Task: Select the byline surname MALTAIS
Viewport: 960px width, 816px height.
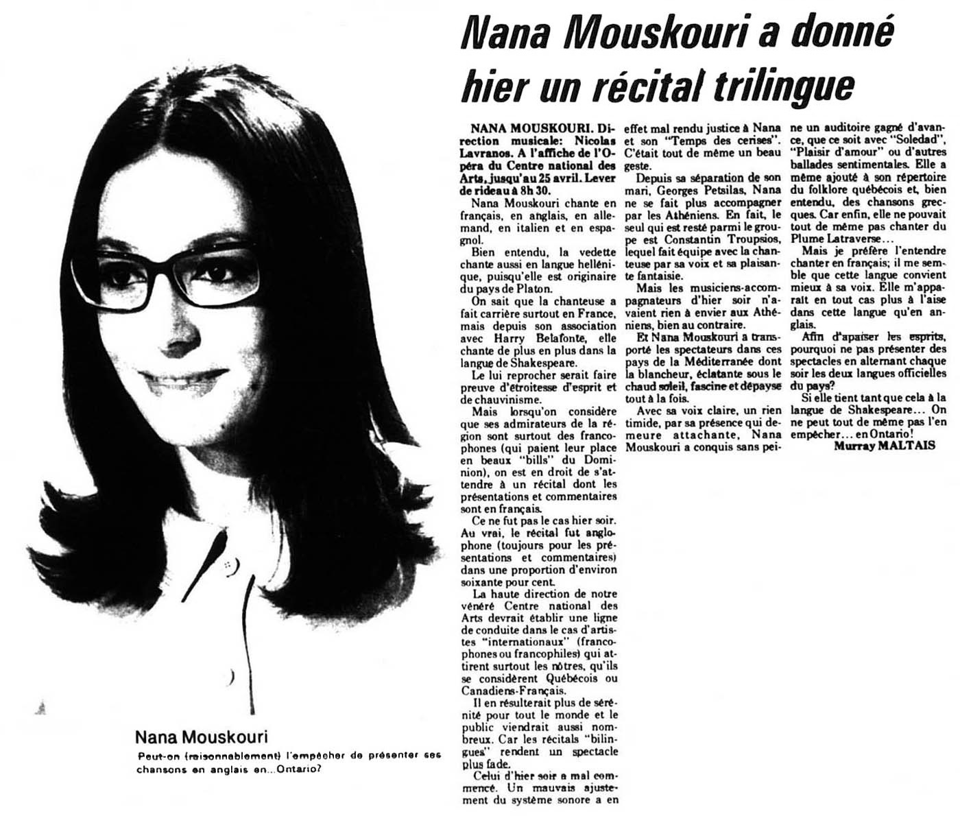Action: pos(909,446)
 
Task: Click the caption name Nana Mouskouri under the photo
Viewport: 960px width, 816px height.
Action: pos(201,738)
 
